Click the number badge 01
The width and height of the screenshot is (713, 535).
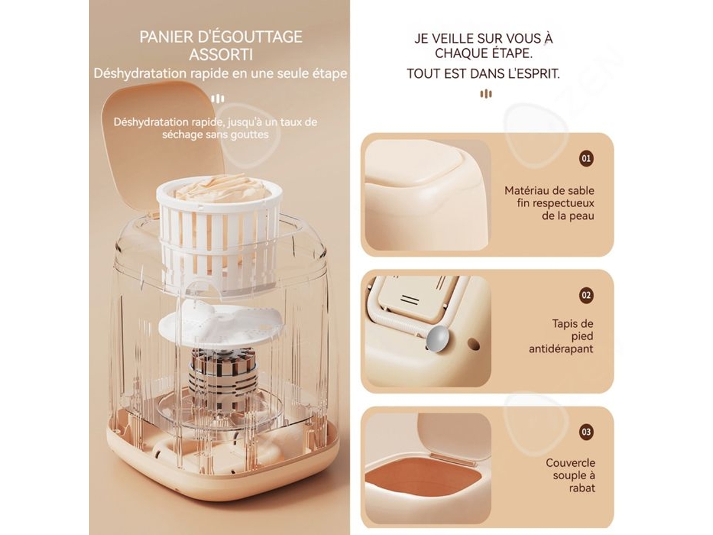[586, 159]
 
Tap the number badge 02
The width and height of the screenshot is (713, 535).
[586, 295]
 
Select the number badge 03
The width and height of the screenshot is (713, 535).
[586, 432]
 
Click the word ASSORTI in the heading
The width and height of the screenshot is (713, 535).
[221, 54]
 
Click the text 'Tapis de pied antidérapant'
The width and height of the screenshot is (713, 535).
[561, 336]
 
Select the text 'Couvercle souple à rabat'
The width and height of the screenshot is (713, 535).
[570, 475]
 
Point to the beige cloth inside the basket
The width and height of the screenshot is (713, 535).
[219, 188]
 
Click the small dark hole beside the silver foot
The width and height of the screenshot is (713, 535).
[473, 344]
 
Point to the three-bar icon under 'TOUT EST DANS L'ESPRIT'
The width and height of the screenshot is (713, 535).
[486, 94]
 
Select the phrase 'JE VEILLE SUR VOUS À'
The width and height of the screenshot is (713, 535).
[483, 38]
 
